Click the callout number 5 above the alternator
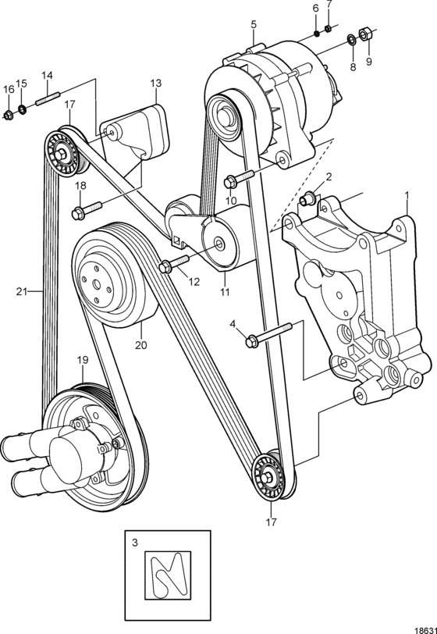point(254,25)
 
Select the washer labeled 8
point(351,39)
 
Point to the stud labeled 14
point(48,99)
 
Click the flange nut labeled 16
point(8,116)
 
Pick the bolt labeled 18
point(87,210)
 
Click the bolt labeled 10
point(239,179)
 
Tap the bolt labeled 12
point(175,263)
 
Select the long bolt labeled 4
point(268,334)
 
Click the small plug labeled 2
point(306,199)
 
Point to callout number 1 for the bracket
point(407,195)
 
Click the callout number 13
point(156,84)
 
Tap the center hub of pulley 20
point(97,284)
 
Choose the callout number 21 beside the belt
point(21,291)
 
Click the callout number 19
point(83,360)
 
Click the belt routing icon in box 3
point(168,575)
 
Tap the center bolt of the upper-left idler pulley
point(62,155)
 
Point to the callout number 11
point(225,292)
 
